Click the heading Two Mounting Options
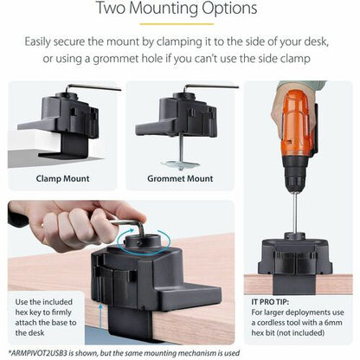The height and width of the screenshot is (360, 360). (x=179, y=10)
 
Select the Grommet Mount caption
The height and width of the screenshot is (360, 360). (x=181, y=179)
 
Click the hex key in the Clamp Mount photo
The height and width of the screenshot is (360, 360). (x=87, y=90)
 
